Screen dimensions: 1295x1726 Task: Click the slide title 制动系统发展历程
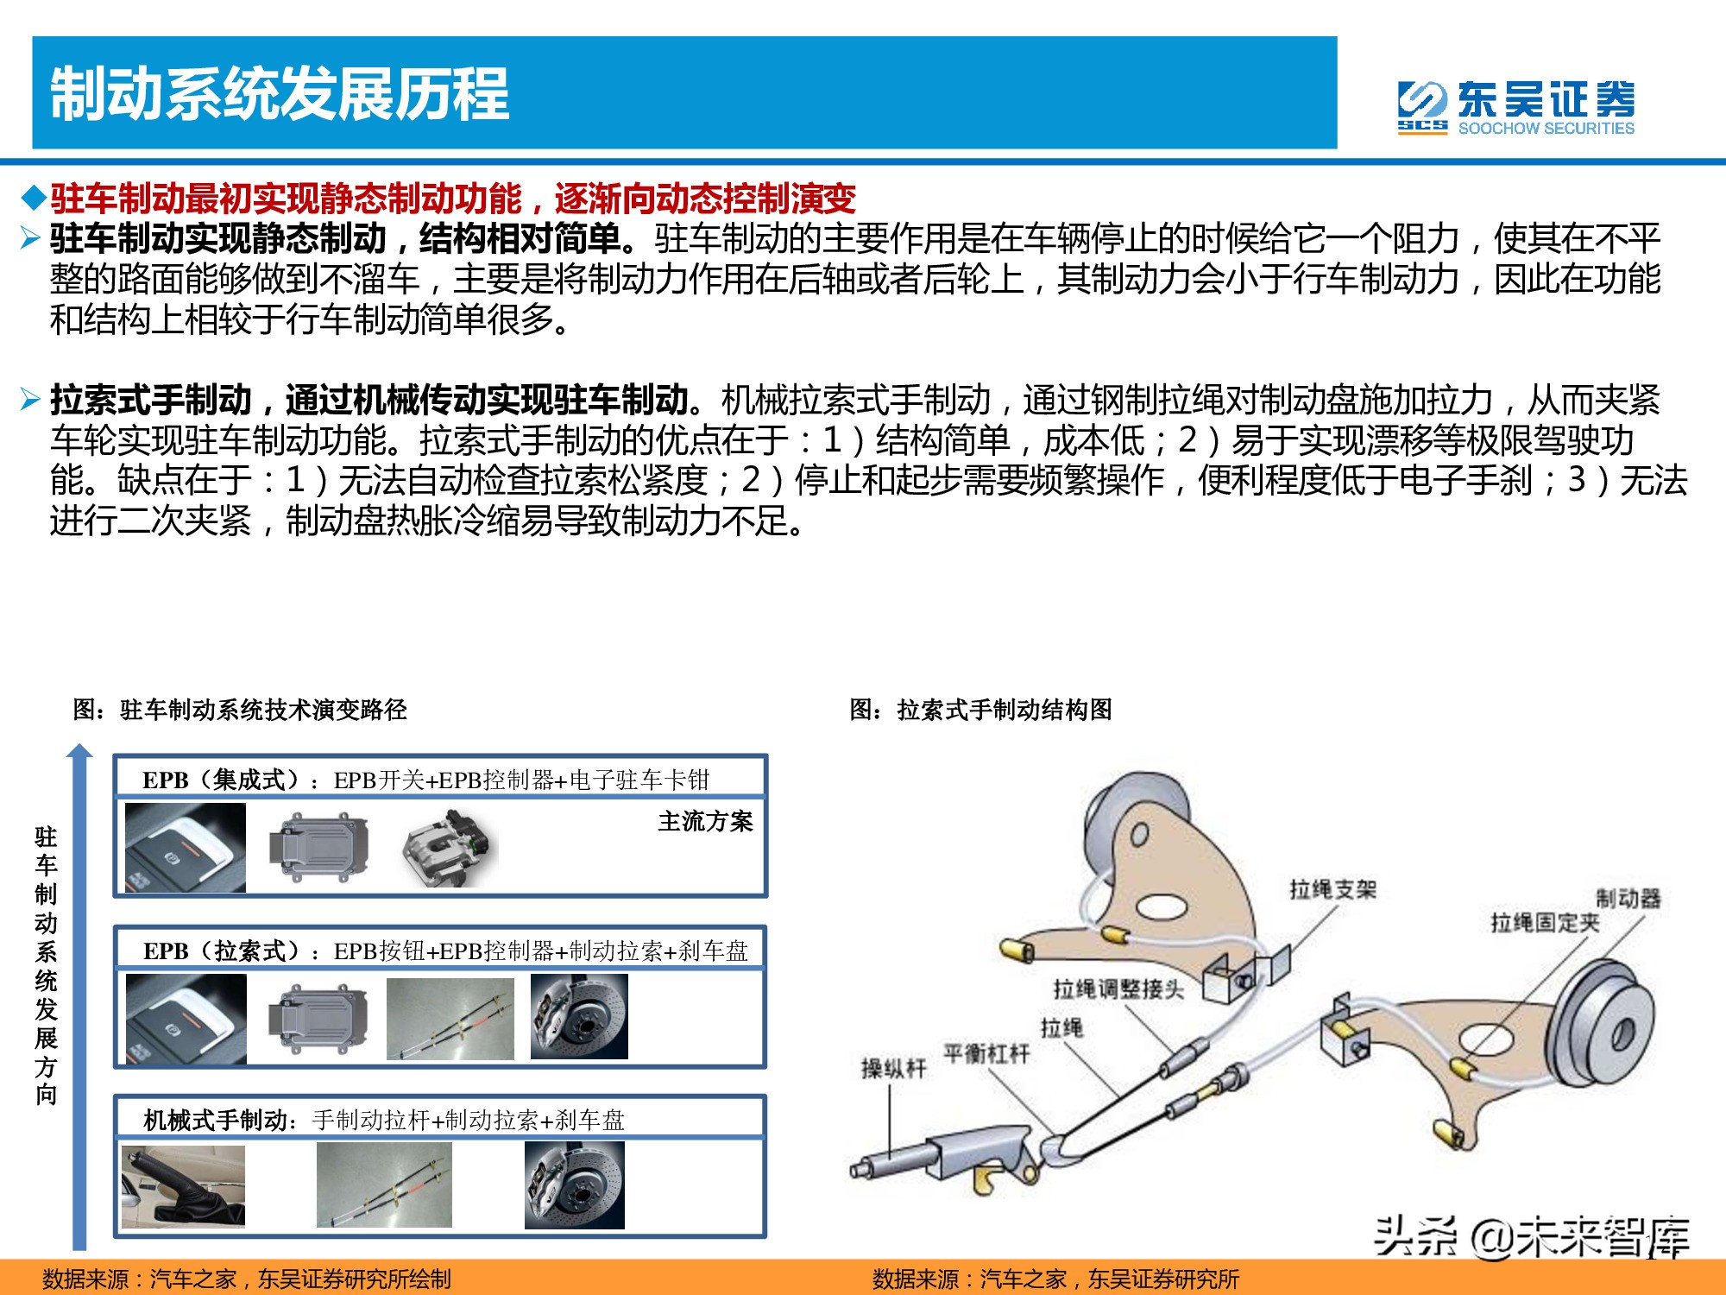click(x=279, y=93)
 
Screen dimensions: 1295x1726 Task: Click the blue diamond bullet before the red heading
click(x=34, y=199)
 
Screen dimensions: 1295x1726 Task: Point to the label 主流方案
click(x=704, y=821)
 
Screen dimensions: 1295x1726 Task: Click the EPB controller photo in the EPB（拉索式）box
click(x=318, y=1017)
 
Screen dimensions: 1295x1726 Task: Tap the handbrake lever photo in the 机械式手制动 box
click(x=183, y=1186)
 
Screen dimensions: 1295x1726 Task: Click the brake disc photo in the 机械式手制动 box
click(x=574, y=1185)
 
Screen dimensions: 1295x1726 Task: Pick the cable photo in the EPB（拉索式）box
click(x=450, y=1019)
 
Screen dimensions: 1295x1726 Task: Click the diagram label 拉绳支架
click(x=1332, y=889)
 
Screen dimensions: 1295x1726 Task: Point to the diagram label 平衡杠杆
click(x=986, y=1053)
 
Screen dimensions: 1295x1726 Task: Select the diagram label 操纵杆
click(x=892, y=1069)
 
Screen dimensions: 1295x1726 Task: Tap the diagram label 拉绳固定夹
click(x=1544, y=923)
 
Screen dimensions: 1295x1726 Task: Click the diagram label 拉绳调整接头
click(x=1118, y=989)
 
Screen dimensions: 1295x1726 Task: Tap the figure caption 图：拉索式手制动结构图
click(x=980, y=710)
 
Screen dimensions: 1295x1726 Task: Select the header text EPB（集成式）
click(x=222, y=780)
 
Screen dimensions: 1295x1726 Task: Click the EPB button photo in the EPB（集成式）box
click(x=186, y=848)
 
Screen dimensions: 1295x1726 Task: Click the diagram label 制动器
click(x=1627, y=898)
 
